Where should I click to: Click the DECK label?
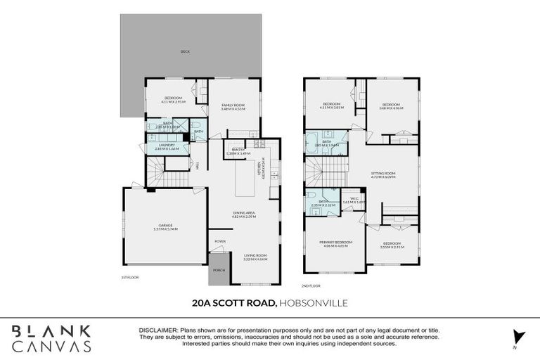point(185,51)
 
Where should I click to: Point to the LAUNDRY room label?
point(167,145)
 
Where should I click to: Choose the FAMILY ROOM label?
point(233,105)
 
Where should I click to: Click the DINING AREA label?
point(244,213)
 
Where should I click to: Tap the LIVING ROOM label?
point(255,256)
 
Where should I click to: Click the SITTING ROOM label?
point(384,173)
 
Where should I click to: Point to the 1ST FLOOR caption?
point(129,278)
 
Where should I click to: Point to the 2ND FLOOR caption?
point(311,285)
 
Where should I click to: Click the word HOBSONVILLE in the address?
point(313,304)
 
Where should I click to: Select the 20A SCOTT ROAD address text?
point(233,304)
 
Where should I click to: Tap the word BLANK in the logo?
point(51,330)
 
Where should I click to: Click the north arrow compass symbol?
point(519,337)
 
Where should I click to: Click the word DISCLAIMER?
point(159,329)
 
